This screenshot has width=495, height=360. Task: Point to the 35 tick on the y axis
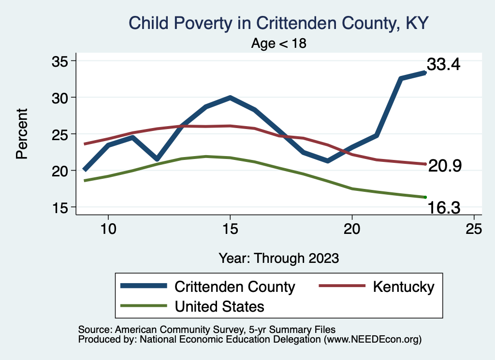(x=61, y=61)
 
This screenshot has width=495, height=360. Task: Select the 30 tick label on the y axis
(x=61, y=98)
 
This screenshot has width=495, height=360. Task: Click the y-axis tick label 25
(x=61, y=134)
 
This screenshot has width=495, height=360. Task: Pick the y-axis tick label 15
(x=61, y=207)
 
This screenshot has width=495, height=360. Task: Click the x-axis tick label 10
(x=108, y=230)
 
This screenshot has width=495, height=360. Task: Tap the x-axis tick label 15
(x=230, y=230)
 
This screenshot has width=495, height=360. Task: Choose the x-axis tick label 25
(x=474, y=230)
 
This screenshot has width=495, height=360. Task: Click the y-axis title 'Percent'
(x=21, y=134)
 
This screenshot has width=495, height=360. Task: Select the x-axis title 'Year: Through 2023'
(x=279, y=258)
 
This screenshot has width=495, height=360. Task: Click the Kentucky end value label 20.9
(x=445, y=166)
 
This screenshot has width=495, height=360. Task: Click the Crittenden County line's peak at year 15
(x=230, y=98)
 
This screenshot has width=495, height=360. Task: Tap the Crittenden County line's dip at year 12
(x=157, y=159)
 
